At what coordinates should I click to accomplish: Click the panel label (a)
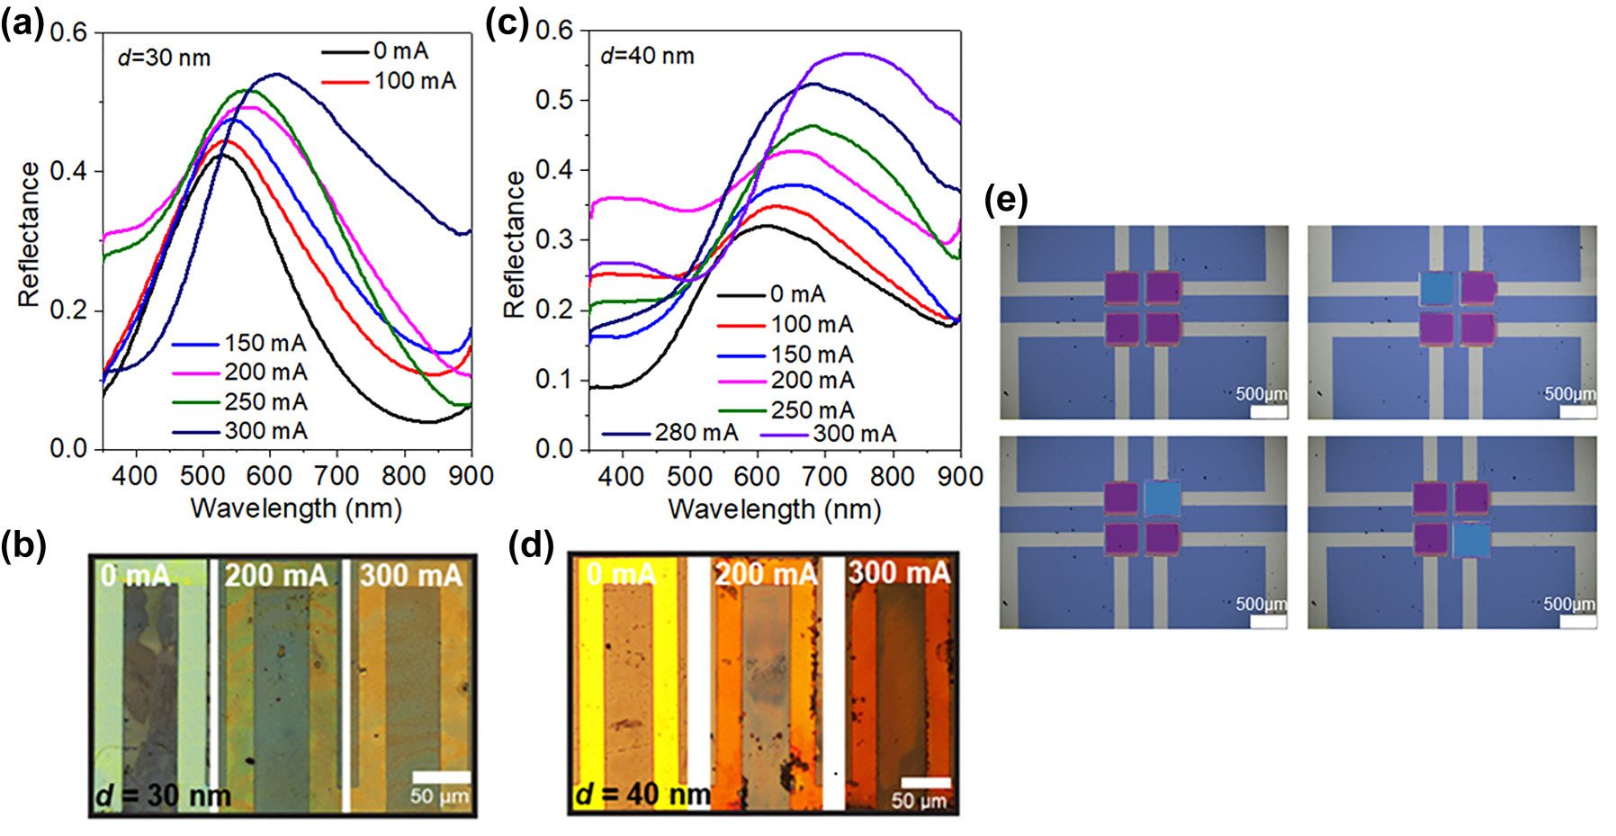pos(22,24)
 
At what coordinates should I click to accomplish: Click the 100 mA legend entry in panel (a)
pos(415,81)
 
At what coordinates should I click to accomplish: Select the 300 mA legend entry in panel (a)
pos(265,431)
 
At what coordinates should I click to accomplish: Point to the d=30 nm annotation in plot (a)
pos(164,58)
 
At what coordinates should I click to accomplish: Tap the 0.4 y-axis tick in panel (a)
pos(70,171)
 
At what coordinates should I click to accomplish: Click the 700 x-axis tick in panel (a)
pos(337,475)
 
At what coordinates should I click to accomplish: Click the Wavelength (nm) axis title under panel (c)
pos(774,509)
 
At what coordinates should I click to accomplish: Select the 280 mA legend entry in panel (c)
pos(696,433)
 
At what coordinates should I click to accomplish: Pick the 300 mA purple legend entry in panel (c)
pos(854,434)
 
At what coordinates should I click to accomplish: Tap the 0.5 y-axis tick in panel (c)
pos(555,100)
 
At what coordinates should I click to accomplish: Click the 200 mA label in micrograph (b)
pos(276,575)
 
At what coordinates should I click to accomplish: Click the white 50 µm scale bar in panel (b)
pos(441,777)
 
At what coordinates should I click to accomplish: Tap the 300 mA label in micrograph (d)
pos(899,572)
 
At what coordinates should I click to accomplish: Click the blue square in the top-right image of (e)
pos(1437,289)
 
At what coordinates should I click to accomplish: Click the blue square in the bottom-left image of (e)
pos(1163,498)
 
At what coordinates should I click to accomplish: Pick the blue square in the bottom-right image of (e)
pos(1472,540)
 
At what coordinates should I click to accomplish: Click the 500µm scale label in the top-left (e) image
pos(1261,394)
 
